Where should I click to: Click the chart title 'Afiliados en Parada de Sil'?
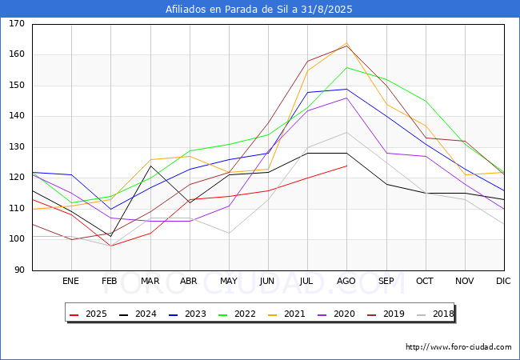pos(259,10)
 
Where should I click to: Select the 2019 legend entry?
pos(383,314)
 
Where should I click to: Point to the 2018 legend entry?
pos(432,314)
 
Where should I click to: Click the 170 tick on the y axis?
pos(17,24)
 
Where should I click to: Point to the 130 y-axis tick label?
pos(17,147)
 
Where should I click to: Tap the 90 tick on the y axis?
pos(19,270)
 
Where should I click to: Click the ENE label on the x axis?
pos(70,281)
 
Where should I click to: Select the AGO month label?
pos(346,281)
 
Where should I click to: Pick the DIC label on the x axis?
pos(503,281)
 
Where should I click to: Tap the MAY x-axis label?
pos(228,281)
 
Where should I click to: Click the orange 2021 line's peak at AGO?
pos(346,43)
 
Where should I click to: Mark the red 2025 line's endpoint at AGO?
pos(346,166)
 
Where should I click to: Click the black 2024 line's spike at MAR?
pos(150,166)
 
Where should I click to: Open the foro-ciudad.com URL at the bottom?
pos(458,347)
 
